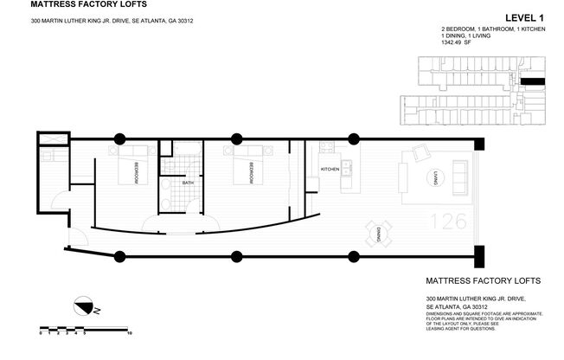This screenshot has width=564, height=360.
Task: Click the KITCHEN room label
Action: click(x=330, y=169)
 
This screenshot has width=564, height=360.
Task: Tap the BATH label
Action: click(x=188, y=183)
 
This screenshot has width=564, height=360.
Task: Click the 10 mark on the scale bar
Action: click(x=129, y=332)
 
